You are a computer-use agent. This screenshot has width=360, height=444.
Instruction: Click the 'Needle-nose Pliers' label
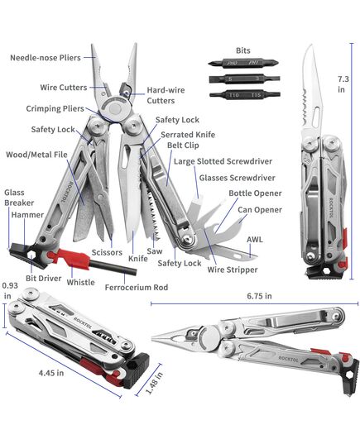46,58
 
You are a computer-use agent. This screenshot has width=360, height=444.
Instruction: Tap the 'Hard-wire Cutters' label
166,95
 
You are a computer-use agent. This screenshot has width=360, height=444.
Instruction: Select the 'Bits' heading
243,50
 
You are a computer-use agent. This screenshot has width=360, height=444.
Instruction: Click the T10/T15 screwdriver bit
245,94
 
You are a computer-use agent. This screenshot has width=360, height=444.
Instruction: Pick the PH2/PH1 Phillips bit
243,63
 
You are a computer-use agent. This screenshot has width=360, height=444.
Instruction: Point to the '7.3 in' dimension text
343,84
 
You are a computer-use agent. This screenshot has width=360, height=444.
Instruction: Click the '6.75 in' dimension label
259,296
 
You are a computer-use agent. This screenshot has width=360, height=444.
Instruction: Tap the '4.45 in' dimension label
51,373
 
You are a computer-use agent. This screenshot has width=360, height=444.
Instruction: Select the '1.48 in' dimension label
155,383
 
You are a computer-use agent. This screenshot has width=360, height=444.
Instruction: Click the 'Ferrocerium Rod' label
137,288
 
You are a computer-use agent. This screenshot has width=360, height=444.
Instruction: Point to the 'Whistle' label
81,282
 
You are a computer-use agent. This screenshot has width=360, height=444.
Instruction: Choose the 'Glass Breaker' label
19,198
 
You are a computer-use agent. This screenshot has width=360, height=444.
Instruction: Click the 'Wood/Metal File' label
37,155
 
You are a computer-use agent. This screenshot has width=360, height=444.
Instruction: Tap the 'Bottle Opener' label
255,193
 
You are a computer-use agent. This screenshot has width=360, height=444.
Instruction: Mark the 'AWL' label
255,240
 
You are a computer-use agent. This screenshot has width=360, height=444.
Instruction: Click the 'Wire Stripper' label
233,270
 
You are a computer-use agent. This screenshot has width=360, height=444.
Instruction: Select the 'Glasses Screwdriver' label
237,178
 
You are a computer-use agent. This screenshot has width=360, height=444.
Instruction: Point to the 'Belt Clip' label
183,146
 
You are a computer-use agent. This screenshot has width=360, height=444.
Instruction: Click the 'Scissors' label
107,252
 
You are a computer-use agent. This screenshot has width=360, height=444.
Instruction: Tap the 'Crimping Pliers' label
55,109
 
